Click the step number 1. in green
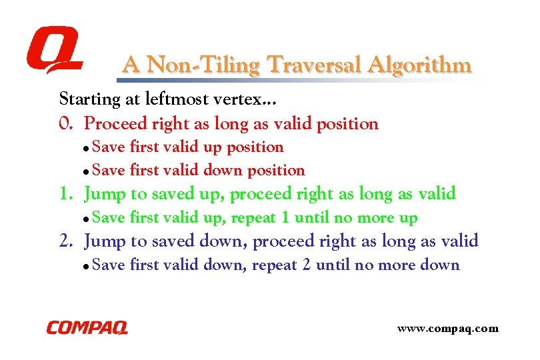pos(67,195)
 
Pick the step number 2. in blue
pos(67,241)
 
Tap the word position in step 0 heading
pos(347,124)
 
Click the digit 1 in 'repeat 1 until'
pos(286,218)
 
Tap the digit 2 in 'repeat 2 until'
pos(307,265)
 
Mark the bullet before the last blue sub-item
pos(87,266)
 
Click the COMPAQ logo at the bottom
pos(87,327)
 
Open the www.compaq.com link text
pos(447,328)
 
